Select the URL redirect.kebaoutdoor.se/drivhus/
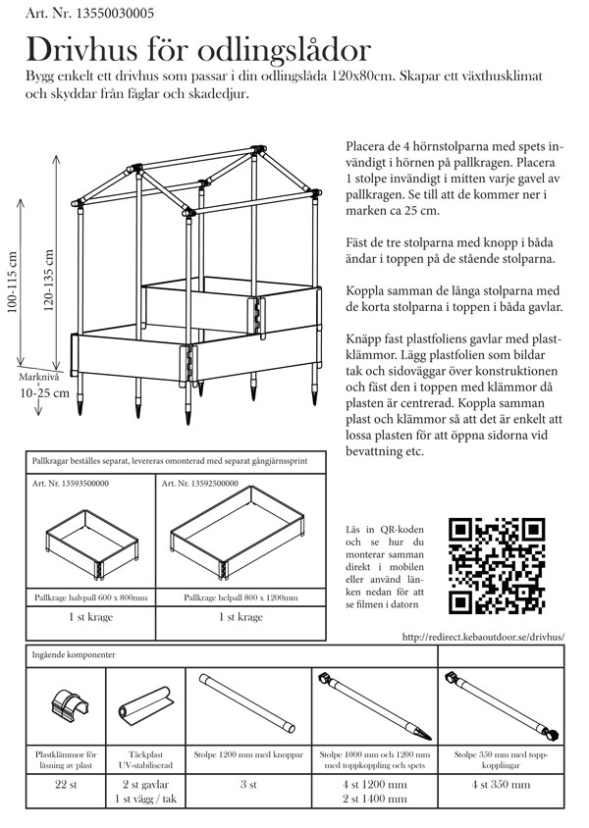[484, 637]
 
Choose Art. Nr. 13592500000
[199, 484]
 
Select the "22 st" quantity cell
[67, 785]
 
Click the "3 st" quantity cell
[243, 785]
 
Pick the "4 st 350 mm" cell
[501, 785]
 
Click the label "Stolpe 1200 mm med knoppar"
[243, 754]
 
